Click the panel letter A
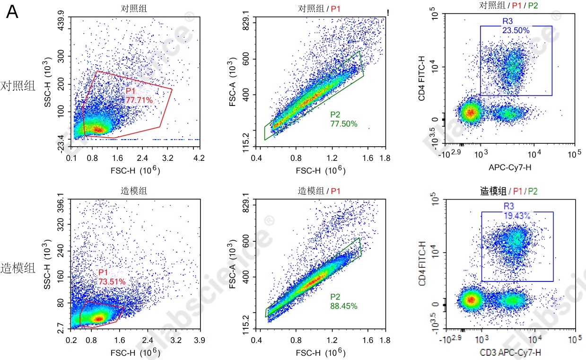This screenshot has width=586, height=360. [13, 12]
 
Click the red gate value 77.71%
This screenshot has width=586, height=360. [139, 100]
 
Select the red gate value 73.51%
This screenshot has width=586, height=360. [112, 281]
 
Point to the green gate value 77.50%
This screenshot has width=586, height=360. [344, 124]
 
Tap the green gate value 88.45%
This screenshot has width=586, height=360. [344, 306]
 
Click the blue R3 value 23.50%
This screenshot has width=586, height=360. [516, 30]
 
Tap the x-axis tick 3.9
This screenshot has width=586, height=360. [199, 340]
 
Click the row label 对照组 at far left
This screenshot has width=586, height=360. [18, 86]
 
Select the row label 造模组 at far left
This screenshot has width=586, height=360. [18, 268]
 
